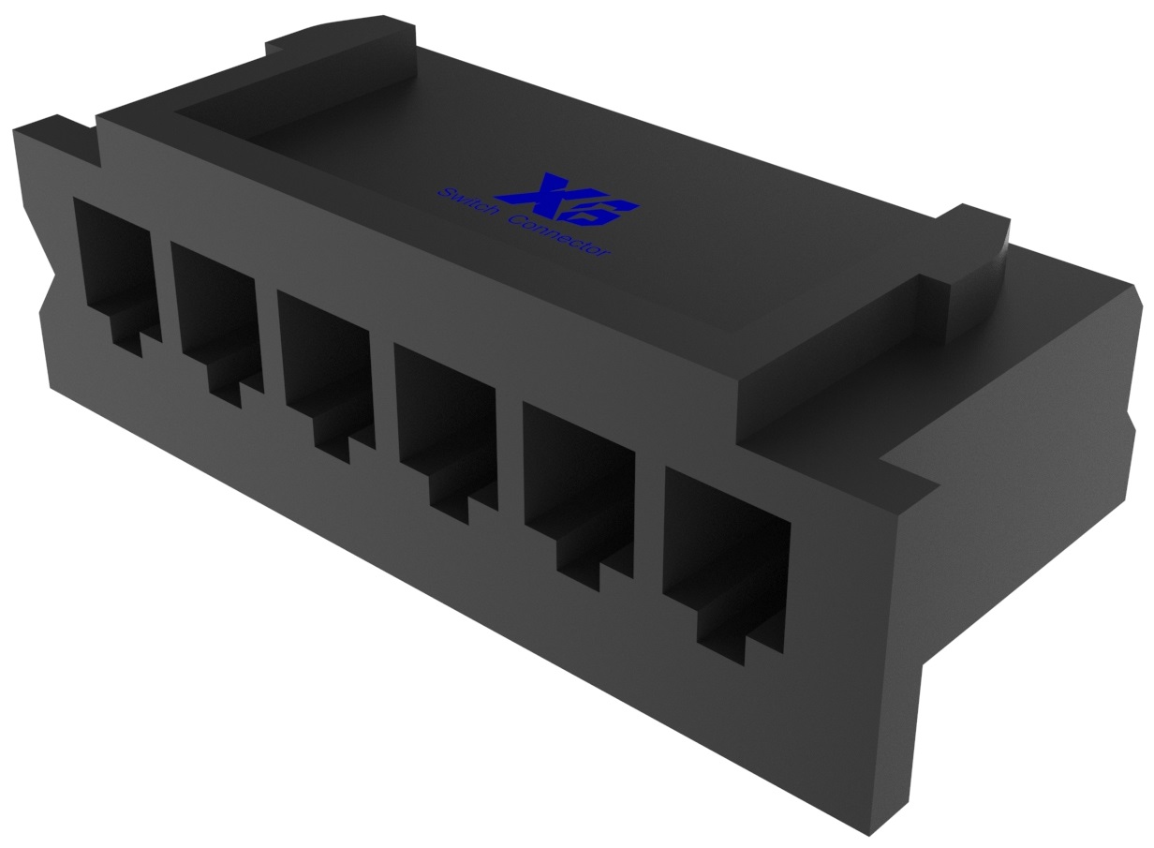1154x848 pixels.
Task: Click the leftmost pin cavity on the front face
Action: [x=114, y=262]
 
